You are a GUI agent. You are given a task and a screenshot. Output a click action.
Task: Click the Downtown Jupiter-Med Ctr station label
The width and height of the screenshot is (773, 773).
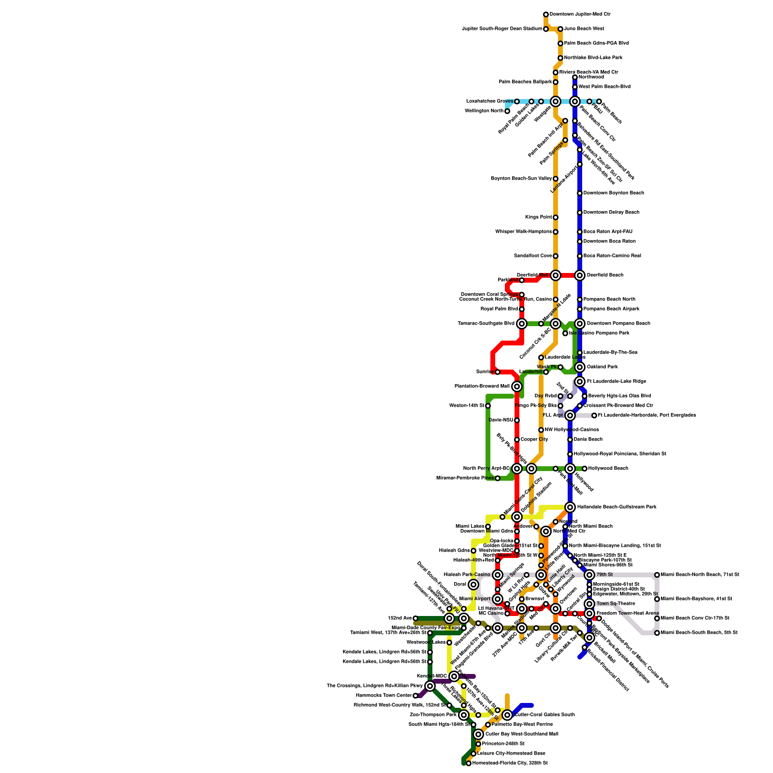[x=580, y=14]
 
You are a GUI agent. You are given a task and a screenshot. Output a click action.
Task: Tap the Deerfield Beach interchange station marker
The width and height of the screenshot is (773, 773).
[x=580, y=275]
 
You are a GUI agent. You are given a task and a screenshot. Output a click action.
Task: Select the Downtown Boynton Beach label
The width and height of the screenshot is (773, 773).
[x=614, y=193]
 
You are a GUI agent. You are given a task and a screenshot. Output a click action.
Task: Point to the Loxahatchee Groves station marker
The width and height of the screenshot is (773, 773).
[x=517, y=101]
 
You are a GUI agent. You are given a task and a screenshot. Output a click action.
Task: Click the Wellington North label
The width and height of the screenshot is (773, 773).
[x=484, y=111]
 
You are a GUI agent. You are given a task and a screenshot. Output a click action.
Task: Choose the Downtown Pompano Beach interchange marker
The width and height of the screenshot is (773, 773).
[x=580, y=324]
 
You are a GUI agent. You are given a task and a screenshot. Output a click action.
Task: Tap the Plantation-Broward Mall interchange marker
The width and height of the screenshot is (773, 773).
[x=517, y=386]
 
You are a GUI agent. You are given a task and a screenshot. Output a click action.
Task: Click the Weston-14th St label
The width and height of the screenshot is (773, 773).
[x=466, y=406]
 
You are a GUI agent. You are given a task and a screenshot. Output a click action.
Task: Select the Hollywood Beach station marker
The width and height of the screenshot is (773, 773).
[x=585, y=469]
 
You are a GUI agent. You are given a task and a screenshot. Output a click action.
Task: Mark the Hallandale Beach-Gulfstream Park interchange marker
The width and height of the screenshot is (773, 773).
[x=570, y=507]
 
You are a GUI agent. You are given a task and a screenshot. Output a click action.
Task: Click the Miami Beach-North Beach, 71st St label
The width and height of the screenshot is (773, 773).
[x=700, y=575]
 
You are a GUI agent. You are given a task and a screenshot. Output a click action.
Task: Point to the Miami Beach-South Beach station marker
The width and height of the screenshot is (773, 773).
[x=657, y=633]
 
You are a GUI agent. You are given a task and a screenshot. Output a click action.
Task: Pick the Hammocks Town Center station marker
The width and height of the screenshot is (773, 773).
[x=415, y=696]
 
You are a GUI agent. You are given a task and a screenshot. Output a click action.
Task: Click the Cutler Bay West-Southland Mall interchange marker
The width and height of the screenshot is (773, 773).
[x=478, y=734]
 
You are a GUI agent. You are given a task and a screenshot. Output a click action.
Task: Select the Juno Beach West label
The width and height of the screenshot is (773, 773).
[x=584, y=29]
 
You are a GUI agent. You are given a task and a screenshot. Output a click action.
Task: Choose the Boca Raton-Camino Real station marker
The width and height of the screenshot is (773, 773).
[x=580, y=256]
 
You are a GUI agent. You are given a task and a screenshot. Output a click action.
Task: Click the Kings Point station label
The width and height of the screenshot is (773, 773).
[x=538, y=217]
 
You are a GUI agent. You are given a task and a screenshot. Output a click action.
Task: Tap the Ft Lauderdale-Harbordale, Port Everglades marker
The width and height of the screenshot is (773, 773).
[x=594, y=415]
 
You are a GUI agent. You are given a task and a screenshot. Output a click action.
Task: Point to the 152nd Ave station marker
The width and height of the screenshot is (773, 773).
[x=415, y=618]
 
